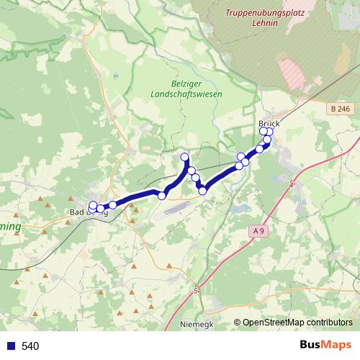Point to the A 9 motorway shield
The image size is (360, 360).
coord(259,230)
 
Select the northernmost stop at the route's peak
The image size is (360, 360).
coord(185,157)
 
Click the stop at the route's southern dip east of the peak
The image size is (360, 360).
coord(203,191)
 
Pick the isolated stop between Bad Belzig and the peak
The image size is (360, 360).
coord(162,195)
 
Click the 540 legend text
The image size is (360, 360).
coord(30,346)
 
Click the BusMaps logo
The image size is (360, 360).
coord(325,346)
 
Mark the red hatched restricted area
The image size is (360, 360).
coord(292,72)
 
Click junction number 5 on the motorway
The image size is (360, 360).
coord(195,290)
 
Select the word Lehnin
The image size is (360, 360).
coord(264,22)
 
